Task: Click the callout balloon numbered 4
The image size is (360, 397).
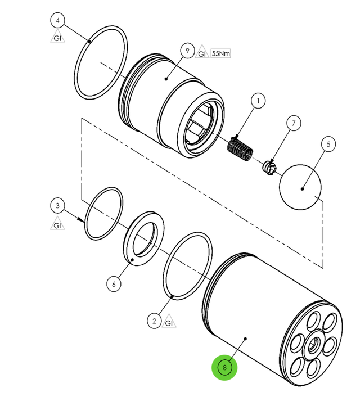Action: (57, 21)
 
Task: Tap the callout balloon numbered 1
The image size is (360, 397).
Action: (258, 102)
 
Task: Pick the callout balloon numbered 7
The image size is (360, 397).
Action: (292, 123)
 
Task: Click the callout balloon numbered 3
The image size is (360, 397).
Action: (57, 205)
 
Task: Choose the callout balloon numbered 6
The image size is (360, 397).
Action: (114, 284)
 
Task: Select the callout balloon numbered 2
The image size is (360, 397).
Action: (154, 321)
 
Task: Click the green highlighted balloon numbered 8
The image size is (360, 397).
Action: (224, 368)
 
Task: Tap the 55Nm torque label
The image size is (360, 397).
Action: (221, 53)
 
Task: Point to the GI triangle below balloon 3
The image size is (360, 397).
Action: (56, 225)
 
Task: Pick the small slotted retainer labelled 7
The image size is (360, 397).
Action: (269, 166)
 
